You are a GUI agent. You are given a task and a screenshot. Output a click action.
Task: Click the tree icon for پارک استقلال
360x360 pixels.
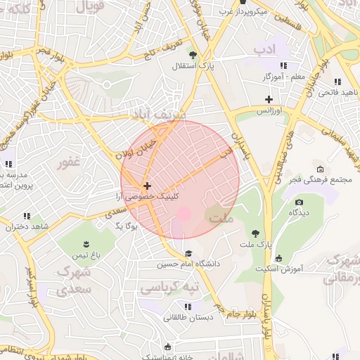[203, 56]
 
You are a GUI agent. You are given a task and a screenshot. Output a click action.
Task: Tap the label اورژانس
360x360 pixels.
[268, 111]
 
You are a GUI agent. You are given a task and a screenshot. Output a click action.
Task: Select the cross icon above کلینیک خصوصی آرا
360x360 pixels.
[146, 186]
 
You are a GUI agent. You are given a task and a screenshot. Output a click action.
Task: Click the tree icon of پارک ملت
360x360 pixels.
[255, 233]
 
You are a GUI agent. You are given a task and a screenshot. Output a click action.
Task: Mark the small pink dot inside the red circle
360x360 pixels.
[184, 213]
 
